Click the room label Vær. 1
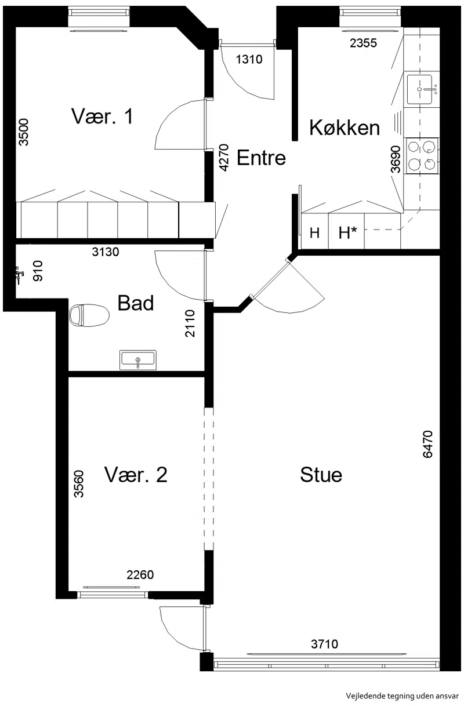(102, 117)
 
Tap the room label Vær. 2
(136, 475)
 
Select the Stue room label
(321, 475)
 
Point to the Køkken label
(345, 128)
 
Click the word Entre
(261, 158)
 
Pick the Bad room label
(136, 303)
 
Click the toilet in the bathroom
(89, 315)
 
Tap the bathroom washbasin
(138, 360)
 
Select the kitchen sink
(419, 89)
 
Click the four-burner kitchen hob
(422, 156)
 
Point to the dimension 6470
(427, 444)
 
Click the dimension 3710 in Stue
(324, 644)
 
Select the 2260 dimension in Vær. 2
(140, 575)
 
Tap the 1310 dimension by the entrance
(249, 59)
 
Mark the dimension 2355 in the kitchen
(364, 43)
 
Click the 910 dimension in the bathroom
(38, 271)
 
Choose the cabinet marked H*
(346, 231)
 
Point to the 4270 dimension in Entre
(224, 158)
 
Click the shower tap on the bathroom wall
(19, 275)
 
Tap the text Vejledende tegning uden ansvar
(402, 696)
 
